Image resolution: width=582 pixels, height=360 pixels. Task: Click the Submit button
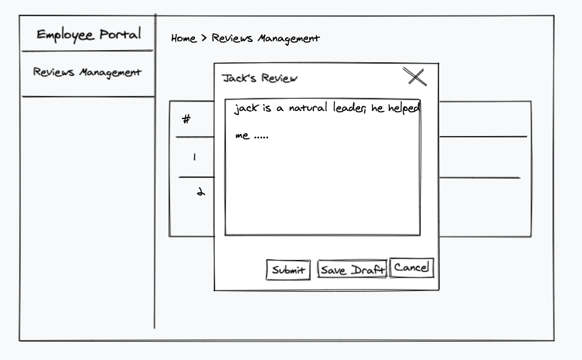pos(288,270)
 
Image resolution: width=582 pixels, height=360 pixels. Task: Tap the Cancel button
pos(411,267)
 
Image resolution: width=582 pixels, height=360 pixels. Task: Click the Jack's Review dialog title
pos(260,78)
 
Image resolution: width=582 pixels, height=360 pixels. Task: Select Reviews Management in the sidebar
pos(87,72)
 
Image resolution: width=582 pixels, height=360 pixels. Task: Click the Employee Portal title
pos(89,35)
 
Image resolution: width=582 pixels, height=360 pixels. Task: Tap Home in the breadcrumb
pos(183,39)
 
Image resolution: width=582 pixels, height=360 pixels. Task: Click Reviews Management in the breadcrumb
pos(265,39)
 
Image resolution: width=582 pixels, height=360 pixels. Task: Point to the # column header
pos(187,120)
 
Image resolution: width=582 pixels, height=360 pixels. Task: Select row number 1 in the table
pos(194,157)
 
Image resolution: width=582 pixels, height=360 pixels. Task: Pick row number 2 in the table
pos(200,192)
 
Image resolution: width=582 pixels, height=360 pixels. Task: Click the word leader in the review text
pos(349,108)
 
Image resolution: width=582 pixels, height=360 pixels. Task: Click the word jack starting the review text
pos(246,109)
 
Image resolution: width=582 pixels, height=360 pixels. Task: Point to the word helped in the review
pos(404,108)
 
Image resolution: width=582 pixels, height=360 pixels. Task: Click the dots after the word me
pos(261,136)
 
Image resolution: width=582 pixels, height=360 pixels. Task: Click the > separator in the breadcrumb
pos(204,39)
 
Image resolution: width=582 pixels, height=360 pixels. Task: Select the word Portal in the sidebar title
pos(120,35)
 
